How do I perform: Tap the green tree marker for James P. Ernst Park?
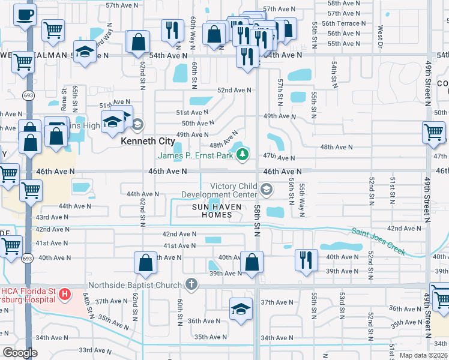click(x=243, y=155)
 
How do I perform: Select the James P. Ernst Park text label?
click(x=195, y=155)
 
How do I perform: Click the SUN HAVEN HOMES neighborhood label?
click(x=217, y=211)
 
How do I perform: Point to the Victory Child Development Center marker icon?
click(x=267, y=191)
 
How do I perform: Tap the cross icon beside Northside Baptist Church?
click(x=191, y=284)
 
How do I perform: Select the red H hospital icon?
click(x=64, y=295)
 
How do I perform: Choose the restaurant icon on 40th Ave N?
click(x=306, y=260)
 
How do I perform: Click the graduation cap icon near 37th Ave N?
click(x=241, y=308)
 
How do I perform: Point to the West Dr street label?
click(x=380, y=33)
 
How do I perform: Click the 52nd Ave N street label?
click(x=234, y=90)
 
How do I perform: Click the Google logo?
click(x=20, y=353)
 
